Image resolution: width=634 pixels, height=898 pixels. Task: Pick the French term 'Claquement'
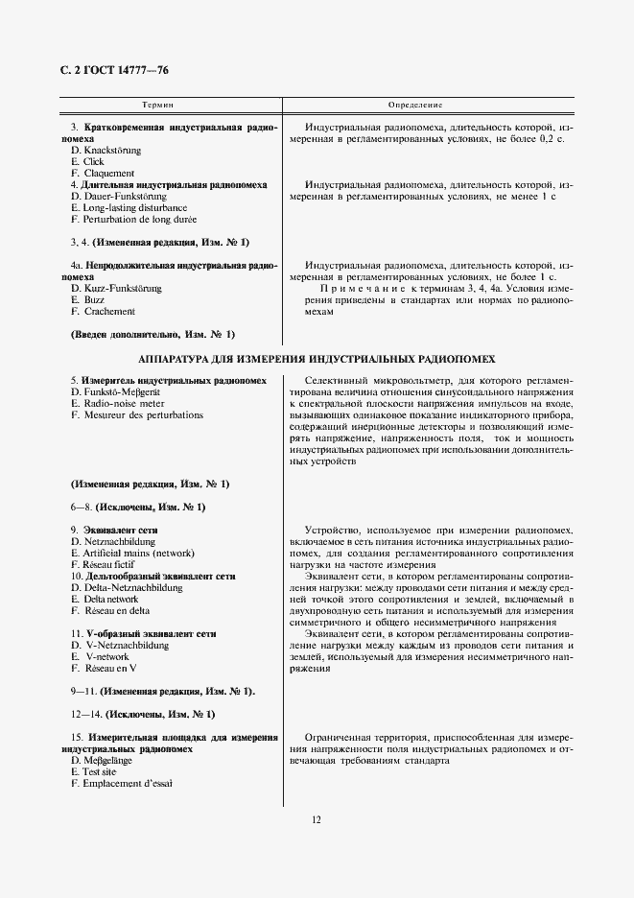click(107, 174)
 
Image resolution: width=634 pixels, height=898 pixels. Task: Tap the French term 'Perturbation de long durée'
click(138, 219)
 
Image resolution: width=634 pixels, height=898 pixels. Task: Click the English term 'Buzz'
click(93, 299)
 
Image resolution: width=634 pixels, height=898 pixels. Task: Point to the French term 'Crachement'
click(108, 311)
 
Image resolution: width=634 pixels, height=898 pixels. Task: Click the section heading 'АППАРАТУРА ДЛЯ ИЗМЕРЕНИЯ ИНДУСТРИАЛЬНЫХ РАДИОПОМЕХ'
click(317, 359)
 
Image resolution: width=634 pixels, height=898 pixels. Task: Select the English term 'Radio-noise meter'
click(123, 404)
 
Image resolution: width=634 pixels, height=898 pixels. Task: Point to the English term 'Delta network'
click(110, 599)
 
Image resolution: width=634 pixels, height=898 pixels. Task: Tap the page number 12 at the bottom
click(316, 819)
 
